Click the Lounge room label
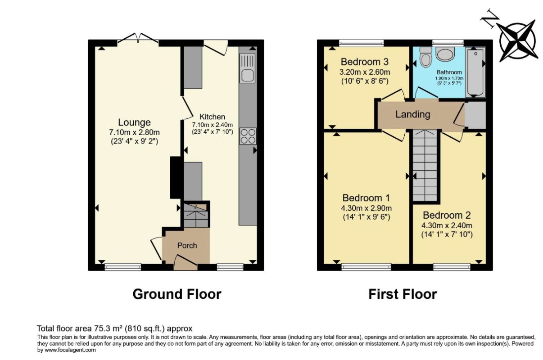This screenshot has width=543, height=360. (x=134, y=122)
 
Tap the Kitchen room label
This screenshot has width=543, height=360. (x=212, y=117)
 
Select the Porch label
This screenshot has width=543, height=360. (x=187, y=245)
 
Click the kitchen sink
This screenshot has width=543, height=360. (x=247, y=68)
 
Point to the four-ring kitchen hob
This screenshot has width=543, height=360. (x=248, y=136)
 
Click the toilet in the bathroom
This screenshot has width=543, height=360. (x=425, y=57)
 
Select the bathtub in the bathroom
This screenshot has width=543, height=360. (x=475, y=72)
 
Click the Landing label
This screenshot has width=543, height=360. (x=412, y=114)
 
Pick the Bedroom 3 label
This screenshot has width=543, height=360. (x=365, y=62)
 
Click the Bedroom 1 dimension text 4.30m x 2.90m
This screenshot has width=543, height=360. (x=366, y=208)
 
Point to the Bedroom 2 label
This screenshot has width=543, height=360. (x=447, y=215)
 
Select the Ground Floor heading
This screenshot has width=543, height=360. (x=177, y=294)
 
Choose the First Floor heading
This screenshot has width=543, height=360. (x=403, y=294)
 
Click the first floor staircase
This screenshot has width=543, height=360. (x=425, y=166)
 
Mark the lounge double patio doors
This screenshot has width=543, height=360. (x=138, y=39)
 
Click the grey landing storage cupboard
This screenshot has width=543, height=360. (x=475, y=115)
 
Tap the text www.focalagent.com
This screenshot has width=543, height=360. (x=70, y=350)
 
